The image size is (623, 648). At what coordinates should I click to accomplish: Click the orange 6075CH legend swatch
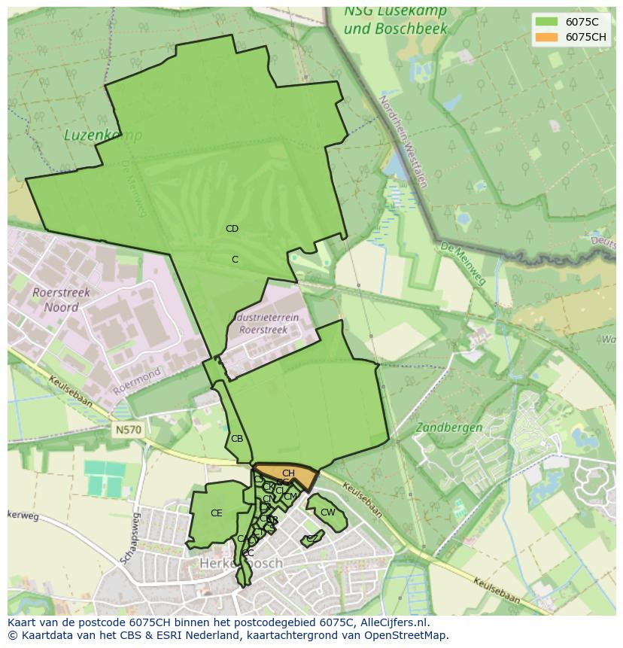click(x=546, y=37)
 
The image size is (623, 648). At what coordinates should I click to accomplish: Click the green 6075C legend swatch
click(x=546, y=21)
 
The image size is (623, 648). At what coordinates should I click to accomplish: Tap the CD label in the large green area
click(x=232, y=229)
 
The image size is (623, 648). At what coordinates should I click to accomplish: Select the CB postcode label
click(x=237, y=439)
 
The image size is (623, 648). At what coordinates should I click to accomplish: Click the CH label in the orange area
click(x=288, y=473)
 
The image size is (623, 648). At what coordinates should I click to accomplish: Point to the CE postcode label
click(x=217, y=513)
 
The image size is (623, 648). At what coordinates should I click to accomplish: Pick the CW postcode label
click(x=327, y=513)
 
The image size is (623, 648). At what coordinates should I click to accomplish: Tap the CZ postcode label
click(x=311, y=538)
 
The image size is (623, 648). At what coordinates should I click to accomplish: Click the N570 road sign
click(x=129, y=430)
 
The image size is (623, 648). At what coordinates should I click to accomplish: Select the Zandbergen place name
click(x=449, y=427)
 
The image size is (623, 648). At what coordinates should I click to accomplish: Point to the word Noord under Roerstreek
click(x=61, y=307)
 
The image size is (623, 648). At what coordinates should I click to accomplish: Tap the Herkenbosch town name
click(x=241, y=563)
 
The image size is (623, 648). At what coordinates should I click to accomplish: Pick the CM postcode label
click(x=290, y=497)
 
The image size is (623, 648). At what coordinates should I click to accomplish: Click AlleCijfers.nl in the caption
click(x=392, y=622)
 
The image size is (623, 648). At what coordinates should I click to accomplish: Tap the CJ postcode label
click(x=258, y=479)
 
